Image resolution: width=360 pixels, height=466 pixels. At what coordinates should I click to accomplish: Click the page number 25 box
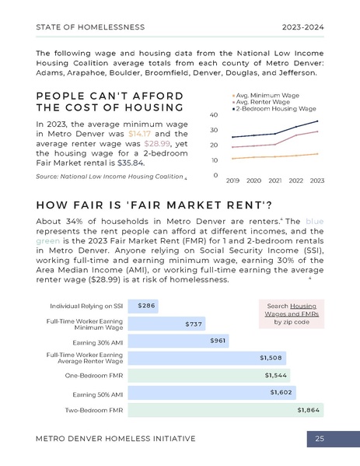pyautogui.click(x=320, y=440)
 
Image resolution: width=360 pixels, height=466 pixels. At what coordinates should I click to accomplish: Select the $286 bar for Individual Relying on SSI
pyautogui.click(x=144, y=306)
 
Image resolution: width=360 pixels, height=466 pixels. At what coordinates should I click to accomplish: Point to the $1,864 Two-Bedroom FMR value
pyautogui.click(x=308, y=408)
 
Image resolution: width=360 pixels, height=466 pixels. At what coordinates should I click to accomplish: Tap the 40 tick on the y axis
pyautogui.click(x=214, y=115)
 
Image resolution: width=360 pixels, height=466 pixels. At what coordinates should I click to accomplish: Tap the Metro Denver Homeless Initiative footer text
pyautogui.click(x=116, y=440)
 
